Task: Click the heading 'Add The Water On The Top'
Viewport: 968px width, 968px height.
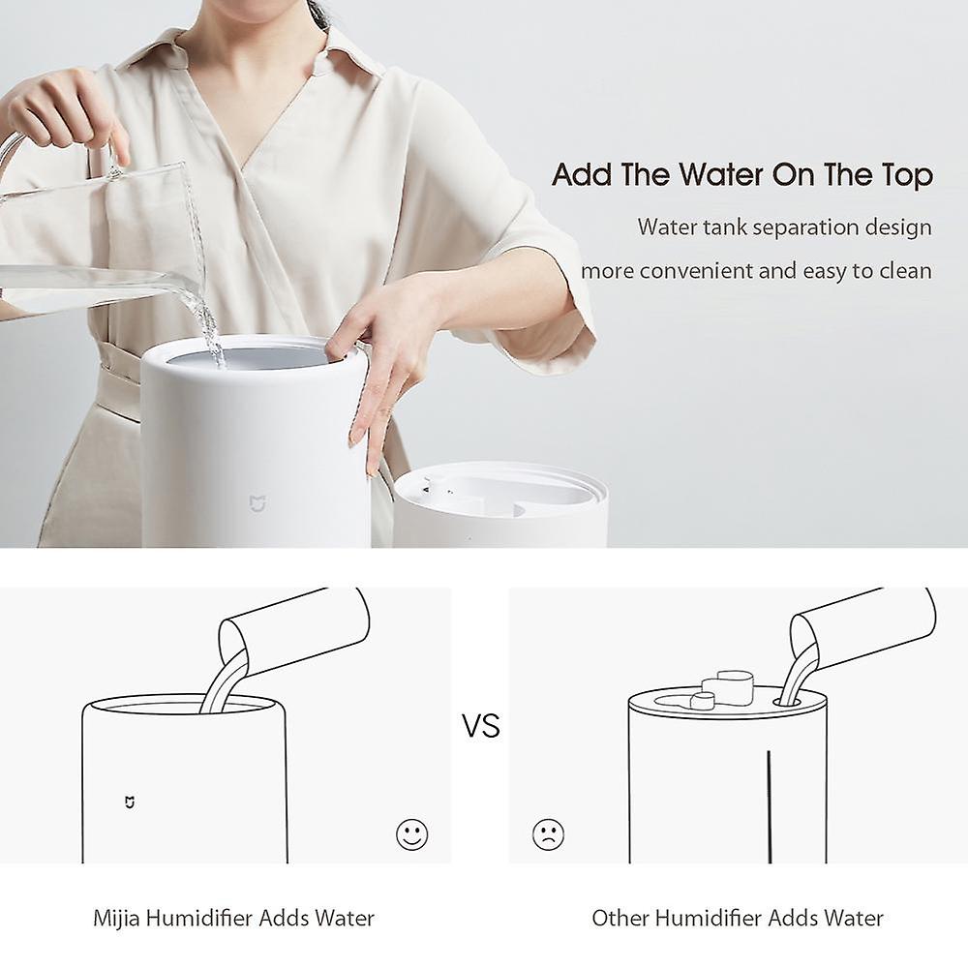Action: coord(742,175)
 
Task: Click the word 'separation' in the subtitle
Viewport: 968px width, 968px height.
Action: coord(801,227)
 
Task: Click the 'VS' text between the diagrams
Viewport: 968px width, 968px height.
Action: coord(480,726)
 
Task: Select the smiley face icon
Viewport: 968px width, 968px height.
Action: coord(411,833)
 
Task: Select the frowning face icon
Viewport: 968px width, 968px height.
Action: coord(548,833)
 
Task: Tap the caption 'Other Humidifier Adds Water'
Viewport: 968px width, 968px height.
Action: coord(738,918)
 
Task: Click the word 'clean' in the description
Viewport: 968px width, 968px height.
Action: coord(905,270)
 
